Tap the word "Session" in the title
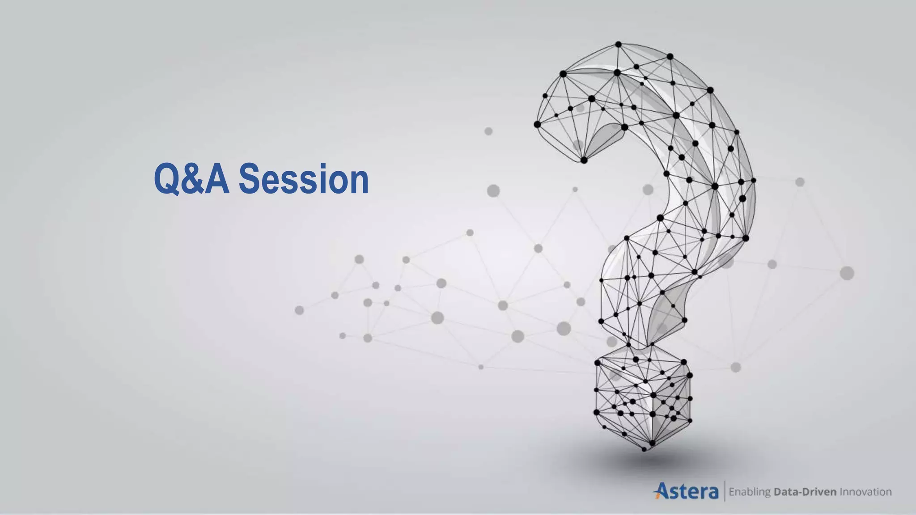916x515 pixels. point(304,179)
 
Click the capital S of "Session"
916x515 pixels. point(250,179)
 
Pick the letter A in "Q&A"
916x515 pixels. point(216,179)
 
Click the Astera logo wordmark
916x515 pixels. point(687,491)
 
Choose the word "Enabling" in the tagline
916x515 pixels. point(750,492)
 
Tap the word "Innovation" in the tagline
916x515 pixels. point(865,492)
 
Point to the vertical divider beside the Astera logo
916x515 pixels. point(724,491)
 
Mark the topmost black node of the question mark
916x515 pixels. point(618,44)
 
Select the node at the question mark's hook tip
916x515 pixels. point(584,160)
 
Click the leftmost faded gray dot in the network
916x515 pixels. point(300,310)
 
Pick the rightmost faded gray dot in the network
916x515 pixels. point(847,273)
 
